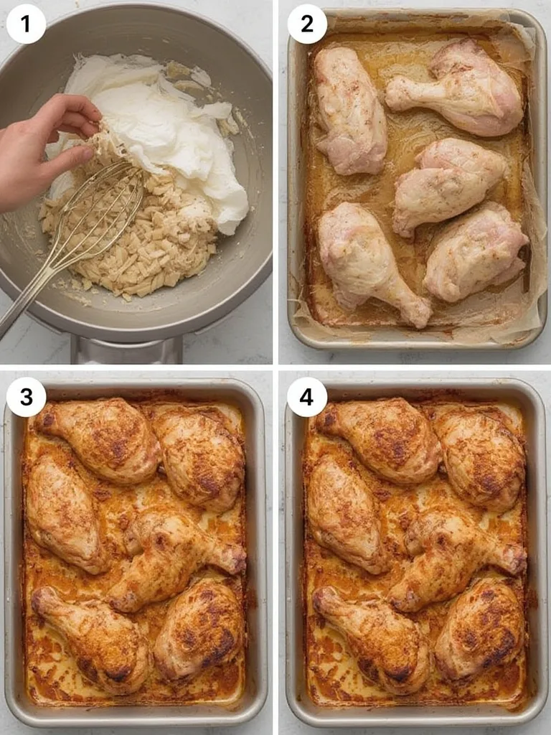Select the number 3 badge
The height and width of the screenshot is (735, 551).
(27, 397)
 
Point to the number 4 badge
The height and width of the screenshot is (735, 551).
(307, 397)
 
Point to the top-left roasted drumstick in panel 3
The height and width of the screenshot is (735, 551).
(100, 438)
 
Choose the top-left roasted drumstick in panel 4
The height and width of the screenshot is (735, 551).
(382, 438)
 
